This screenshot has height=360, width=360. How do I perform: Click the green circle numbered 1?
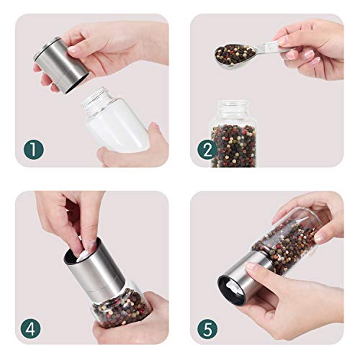pyautogui.click(x=34, y=150)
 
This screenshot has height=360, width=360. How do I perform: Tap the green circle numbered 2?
pyautogui.click(x=207, y=150)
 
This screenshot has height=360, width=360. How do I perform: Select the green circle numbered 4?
pyautogui.click(x=30, y=328)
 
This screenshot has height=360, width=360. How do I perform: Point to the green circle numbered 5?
pyautogui.click(x=207, y=328)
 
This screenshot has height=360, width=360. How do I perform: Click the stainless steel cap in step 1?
pyautogui.click(x=61, y=65)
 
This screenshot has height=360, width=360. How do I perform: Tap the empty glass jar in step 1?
pyautogui.click(x=115, y=120)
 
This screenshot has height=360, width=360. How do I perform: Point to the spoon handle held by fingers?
pyautogui.click(x=272, y=47)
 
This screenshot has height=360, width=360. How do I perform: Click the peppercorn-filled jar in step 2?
pyautogui.click(x=233, y=134)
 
